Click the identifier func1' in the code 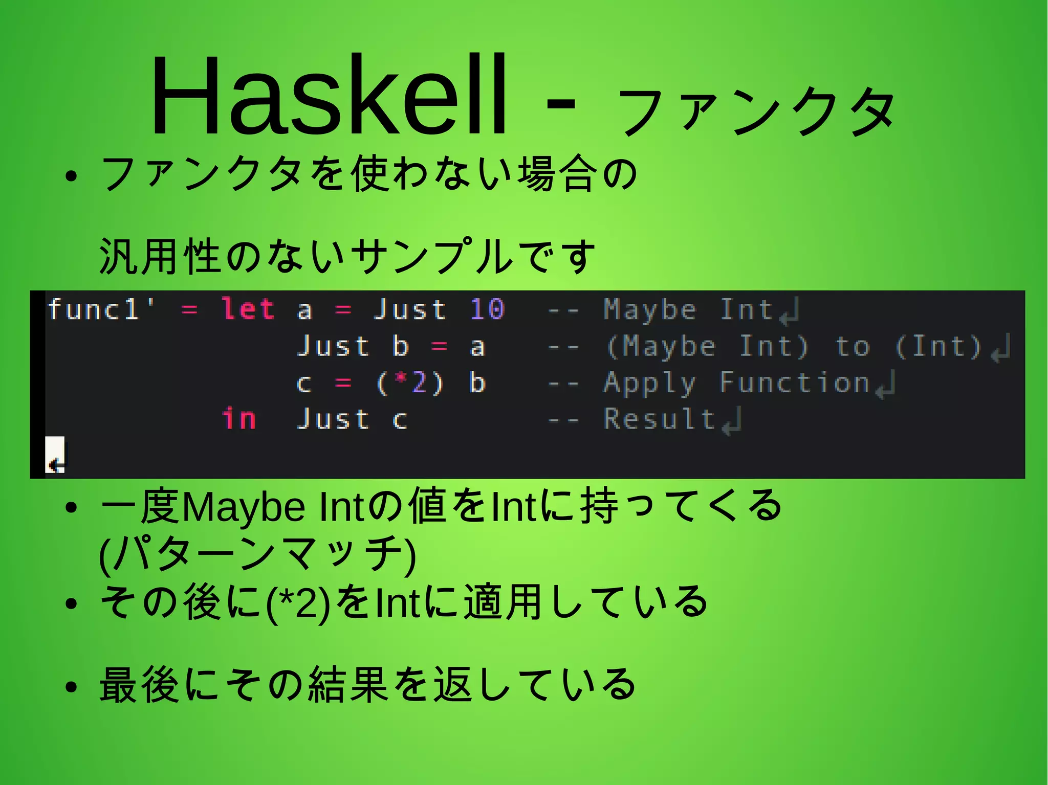(x=101, y=309)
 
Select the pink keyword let (x=248, y=309)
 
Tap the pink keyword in (x=239, y=419)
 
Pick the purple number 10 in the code (x=487, y=309)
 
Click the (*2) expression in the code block (x=409, y=383)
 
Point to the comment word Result (x=659, y=419)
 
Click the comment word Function (x=794, y=383)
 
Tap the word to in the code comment (x=852, y=347)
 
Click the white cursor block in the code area (x=55, y=455)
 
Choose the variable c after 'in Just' (x=400, y=420)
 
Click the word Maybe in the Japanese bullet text (x=244, y=508)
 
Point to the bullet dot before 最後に (x=71, y=687)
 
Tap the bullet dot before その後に (x=71, y=603)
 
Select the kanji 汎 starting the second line (x=119, y=256)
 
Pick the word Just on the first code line (x=410, y=309)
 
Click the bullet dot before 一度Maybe (x=71, y=508)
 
